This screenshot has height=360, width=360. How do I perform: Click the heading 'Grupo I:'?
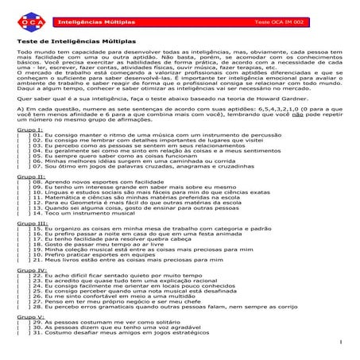tap(31, 151)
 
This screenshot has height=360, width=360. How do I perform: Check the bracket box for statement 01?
tap(21, 157)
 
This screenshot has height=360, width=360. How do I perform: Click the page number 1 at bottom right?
tap(339, 344)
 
